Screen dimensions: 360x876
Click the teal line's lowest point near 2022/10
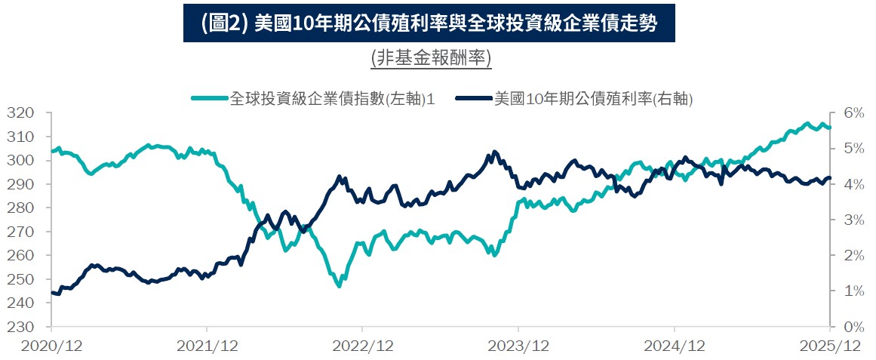click(339, 286)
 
